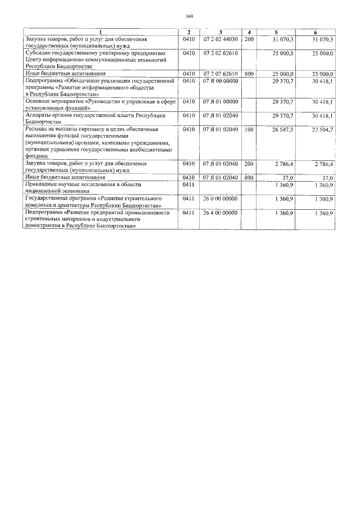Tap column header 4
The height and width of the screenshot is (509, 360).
[249, 32]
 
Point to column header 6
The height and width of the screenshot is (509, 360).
[315, 32]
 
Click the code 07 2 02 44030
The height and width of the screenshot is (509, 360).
[220, 39]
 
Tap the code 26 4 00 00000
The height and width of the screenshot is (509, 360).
[220, 213]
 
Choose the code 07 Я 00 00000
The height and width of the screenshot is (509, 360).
[220, 81]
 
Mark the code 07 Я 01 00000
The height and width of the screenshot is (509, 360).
[220, 102]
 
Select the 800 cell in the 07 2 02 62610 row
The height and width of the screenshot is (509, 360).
[249, 74]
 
